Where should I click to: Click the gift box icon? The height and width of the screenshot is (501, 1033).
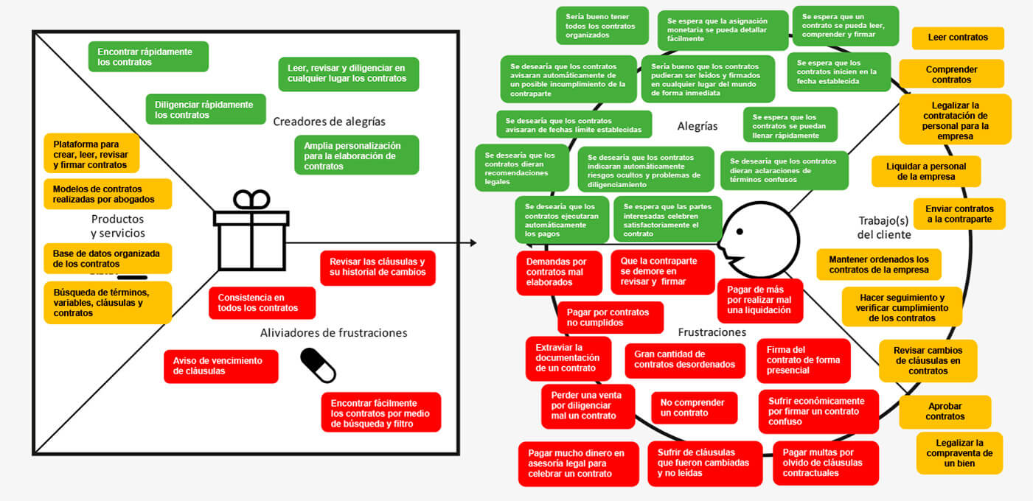click(x=251, y=231)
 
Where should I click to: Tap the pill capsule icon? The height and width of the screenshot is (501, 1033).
click(x=318, y=365)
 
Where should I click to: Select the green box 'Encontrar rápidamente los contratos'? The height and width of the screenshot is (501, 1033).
click(x=148, y=57)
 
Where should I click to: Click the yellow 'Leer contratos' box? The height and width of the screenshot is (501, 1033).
click(x=957, y=38)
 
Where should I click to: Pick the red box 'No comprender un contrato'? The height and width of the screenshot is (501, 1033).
click(x=693, y=407)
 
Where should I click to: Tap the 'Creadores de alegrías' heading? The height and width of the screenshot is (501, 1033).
click(x=329, y=121)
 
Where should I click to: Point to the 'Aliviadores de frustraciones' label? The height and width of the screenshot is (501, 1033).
click(x=333, y=332)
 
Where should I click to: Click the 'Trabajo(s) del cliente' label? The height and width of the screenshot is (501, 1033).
click(x=884, y=227)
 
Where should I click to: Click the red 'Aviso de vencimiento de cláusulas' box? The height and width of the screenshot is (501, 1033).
click(x=220, y=366)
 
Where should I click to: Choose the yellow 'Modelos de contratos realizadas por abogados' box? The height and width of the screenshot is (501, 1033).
click(x=108, y=194)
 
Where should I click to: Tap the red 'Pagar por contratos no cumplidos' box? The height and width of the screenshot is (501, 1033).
click(x=609, y=318)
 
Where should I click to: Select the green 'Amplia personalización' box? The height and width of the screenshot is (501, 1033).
click(x=356, y=155)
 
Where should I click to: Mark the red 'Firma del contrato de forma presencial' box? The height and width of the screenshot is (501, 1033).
click(x=803, y=360)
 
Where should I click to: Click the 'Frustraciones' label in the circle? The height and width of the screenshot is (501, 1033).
click(x=712, y=332)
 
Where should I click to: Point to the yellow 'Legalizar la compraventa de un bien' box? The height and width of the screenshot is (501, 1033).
click(x=959, y=453)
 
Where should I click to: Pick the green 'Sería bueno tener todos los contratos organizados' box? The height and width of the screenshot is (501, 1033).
click(x=602, y=26)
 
